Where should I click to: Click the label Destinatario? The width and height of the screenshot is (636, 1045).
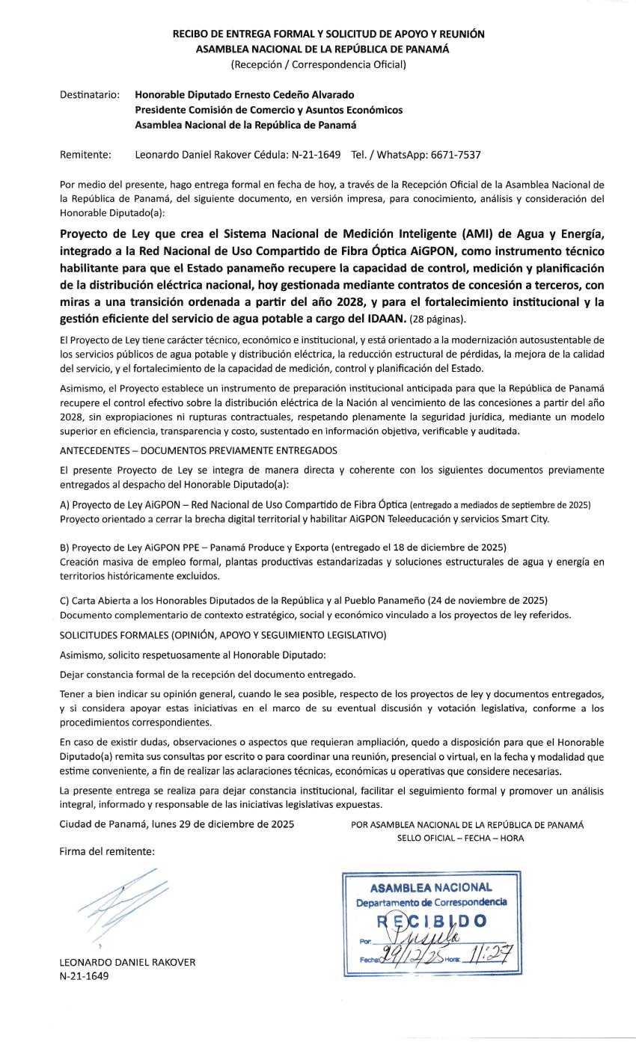(x=89, y=95)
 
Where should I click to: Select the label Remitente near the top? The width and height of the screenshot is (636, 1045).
(x=85, y=155)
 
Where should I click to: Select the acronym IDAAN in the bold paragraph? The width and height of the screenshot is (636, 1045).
(x=382, y=319)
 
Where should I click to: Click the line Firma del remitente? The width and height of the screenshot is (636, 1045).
(x=107, y=851)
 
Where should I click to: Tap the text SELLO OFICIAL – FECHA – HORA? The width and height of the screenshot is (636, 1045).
(x=460, y=838)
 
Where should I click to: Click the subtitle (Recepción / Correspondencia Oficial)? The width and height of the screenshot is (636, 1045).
(x=318, y=64)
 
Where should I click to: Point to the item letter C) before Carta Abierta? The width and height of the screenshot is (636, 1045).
(x=64, y=601)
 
